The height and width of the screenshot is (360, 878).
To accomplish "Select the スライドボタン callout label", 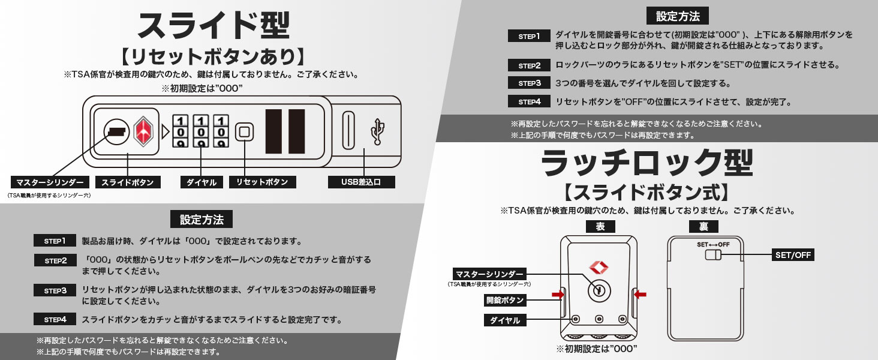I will pos(127,182).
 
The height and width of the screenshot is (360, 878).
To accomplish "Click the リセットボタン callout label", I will pos(262,182).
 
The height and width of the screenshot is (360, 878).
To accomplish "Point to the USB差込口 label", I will pos(362,182).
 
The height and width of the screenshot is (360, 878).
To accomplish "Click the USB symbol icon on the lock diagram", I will pos(378,130).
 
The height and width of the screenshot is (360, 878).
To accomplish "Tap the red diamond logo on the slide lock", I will pos(144,130).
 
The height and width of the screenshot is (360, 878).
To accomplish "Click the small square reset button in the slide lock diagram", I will pos(243,131).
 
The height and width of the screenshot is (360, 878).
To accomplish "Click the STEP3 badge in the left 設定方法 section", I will pos(55,290).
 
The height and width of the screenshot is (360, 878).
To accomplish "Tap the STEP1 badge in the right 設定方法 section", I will pos(529,36).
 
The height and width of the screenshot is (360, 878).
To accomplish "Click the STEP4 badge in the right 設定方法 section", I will pos(529,101).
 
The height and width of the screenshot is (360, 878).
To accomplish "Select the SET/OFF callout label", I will pos(793,255).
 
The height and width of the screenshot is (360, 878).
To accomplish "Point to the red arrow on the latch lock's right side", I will pos(640,294).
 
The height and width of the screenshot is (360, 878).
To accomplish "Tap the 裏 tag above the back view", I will pos(703,227).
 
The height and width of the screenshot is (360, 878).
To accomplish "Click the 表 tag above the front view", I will pos(600,227).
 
